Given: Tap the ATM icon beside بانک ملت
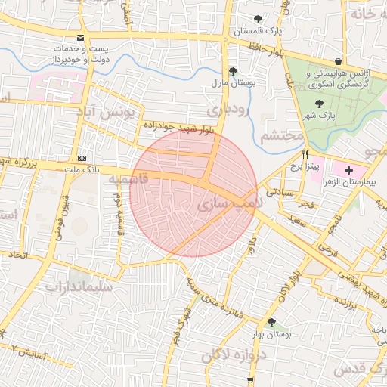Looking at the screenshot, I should [x=82, y=158].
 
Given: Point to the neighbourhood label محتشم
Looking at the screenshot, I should [x=281, y=136].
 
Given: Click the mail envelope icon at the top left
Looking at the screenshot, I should [x=80, y=38].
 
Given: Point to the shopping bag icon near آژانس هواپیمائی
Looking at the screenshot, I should [x=337, y=61].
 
